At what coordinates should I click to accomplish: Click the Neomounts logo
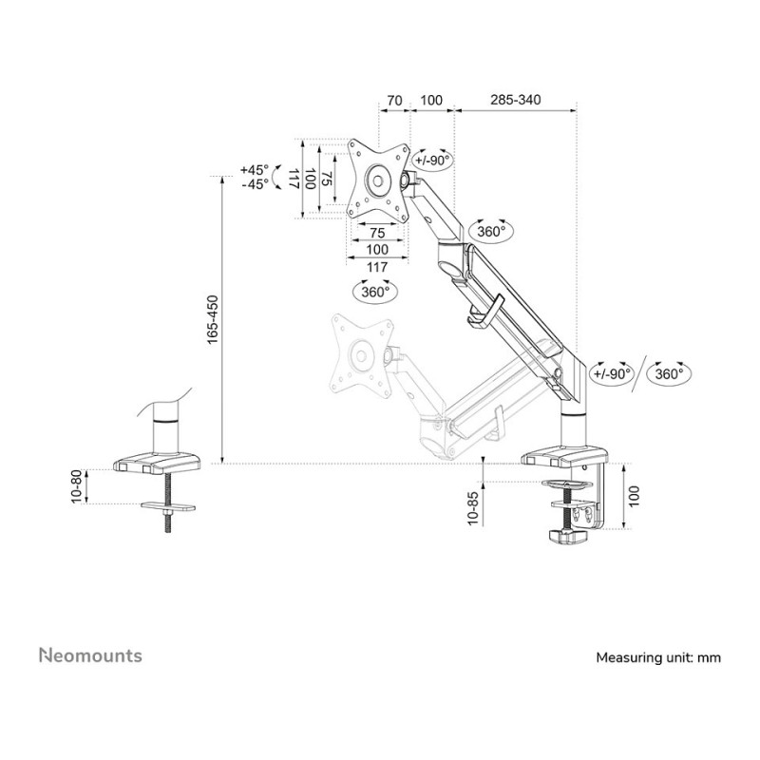click(90, 655)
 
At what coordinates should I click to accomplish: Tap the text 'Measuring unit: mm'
click(658, 657)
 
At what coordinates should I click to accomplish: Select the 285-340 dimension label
click(515, 100)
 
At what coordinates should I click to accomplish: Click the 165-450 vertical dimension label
click(213, 320)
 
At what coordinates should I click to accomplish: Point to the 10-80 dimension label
click(78, 486)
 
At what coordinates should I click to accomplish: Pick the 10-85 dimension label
click(472, 508)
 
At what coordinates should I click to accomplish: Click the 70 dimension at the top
click(394, 101)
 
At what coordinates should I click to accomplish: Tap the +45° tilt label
click(254, 170)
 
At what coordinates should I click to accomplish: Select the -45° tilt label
click(255, 184)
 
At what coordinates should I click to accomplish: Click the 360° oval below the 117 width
click(376, 292)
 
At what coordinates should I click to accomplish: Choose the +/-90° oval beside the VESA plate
click(432, 160)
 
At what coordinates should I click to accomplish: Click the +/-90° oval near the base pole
click(612, 373)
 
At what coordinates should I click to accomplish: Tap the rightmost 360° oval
click(669, 373)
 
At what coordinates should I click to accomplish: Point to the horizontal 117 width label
click(377, 267)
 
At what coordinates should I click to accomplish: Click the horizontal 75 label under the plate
click(377, 233)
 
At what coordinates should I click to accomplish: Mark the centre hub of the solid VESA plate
click(377, 180)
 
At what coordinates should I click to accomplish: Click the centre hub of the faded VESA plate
click(360, 354)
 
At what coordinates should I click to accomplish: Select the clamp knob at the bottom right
click(568, 535)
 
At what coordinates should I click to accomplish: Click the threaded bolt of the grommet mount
click(168, 503)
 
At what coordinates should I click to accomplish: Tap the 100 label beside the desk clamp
click(634, 496)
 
